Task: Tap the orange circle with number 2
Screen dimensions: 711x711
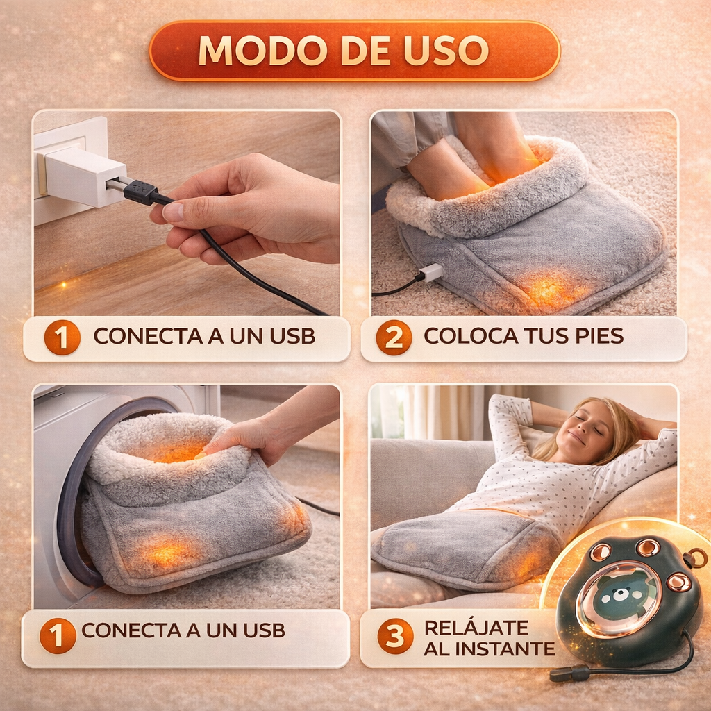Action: pos(394,337)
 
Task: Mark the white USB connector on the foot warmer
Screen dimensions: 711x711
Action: pos(430,272)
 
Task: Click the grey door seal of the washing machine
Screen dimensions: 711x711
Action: pos(69,500)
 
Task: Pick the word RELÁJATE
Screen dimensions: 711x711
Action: pos(476,627)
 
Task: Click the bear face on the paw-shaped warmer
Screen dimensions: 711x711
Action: pos(618,594)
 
